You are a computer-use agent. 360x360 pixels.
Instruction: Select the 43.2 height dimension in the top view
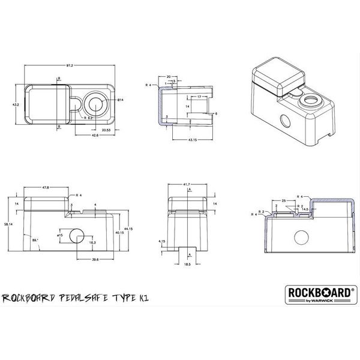(16, 106)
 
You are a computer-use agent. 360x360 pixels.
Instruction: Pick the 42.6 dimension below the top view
(95, 136)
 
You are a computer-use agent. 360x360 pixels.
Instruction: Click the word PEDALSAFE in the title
(87, 298)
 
